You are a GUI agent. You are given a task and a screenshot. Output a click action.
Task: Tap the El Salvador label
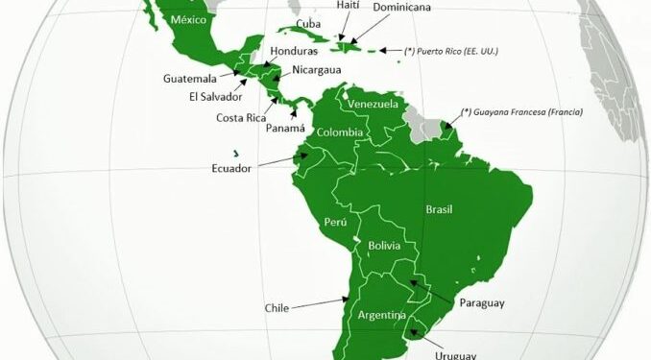pos(215,96)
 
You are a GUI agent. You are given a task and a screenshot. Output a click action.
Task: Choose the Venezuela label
pos(372,104)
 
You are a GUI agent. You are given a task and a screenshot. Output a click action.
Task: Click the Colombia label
pos(340,132)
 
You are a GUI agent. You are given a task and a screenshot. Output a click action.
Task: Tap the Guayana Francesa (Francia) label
pos(522,110)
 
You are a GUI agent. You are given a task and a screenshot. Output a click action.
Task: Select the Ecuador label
pos(231,169)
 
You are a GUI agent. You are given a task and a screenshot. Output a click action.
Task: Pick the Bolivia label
pos(384,247)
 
